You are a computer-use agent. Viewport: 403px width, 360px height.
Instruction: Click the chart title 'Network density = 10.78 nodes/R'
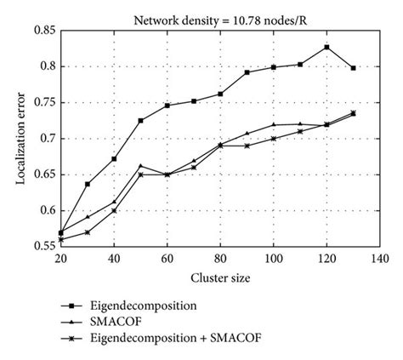click(219, 17)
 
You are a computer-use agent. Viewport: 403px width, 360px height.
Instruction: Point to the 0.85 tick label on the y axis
click(44, 31)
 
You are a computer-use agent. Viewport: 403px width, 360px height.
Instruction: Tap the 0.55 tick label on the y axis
click(44, 247)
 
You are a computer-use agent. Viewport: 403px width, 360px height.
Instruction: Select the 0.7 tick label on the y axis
click(48, 139)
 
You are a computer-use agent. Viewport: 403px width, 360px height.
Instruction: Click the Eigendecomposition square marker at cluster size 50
click(140, 121)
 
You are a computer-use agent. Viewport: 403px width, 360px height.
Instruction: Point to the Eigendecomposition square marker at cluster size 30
click(88, 184)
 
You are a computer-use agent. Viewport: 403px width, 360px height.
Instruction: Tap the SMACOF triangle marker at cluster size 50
click(140, 166)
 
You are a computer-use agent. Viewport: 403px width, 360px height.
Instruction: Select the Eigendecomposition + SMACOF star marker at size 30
click(88, 232)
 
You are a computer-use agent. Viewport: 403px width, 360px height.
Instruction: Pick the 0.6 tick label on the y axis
click(48, 210)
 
